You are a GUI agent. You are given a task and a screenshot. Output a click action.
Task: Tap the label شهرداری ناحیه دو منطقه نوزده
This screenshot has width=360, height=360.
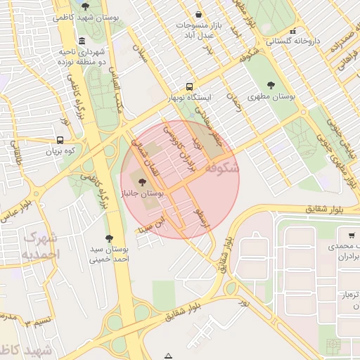click(x=82, y=57)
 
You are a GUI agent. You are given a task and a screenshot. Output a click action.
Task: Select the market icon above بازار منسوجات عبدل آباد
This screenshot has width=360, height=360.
click(x=199, y=14)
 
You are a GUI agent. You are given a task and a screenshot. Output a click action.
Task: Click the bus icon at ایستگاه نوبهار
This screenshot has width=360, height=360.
click(x=188, y=86)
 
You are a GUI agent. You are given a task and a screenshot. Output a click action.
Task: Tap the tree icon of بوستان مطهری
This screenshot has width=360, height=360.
click(x=271, y=85)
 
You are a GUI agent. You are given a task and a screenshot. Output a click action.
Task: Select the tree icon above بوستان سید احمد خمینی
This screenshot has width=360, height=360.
click(x=108, y=238)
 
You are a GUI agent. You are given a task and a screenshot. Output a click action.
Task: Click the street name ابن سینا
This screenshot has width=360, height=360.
click(x=154, y=225)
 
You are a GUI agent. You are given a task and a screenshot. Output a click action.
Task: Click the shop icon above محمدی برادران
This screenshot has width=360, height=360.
click(x=350, y=236)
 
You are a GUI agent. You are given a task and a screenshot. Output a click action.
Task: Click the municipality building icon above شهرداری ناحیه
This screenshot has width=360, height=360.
click(x=82, y=40)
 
